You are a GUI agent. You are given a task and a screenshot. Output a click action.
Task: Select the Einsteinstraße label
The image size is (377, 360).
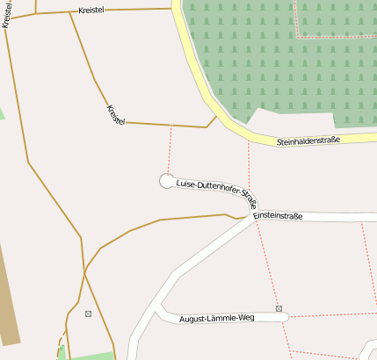(x=278, y=214)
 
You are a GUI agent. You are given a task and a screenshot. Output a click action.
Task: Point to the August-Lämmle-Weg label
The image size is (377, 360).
(x=216, y=317)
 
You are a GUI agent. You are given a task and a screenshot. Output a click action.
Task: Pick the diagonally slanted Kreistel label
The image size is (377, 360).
(x=115, y=114)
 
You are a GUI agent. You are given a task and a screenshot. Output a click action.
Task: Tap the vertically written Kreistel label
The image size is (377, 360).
(x=6, y=15)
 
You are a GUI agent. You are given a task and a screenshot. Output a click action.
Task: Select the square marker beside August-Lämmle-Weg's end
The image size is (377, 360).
(x=279, y=309)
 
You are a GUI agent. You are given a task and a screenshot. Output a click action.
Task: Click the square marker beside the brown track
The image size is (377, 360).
(x=88, y=313)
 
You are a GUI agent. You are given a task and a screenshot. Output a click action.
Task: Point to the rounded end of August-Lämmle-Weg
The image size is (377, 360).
(x=284, y=318)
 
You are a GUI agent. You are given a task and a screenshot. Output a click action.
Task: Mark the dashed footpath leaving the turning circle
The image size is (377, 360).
(x=170, y=149)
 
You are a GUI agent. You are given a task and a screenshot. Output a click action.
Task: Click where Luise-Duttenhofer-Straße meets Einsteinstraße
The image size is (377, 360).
(x=256, y=217)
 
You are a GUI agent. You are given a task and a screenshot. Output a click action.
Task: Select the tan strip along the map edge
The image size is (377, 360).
(x=7, y=299)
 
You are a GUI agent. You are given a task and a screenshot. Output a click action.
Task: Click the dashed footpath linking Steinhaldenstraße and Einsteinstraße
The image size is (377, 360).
(x=250, y=176)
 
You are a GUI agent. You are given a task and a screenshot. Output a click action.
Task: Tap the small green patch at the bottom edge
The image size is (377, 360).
(x=88, y=356)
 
